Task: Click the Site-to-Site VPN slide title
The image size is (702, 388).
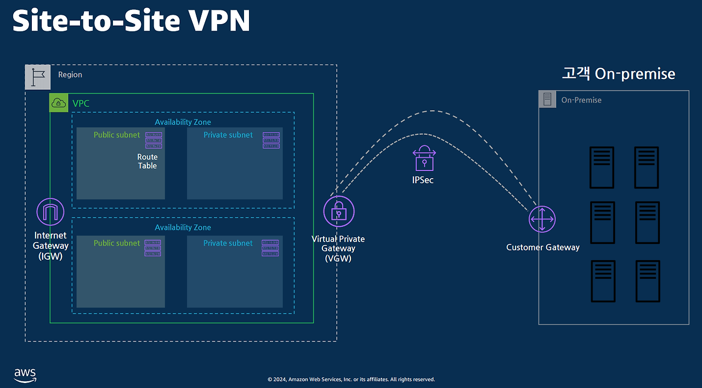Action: [x=132, y=22]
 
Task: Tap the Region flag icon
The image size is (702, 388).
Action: [x=38, y=77]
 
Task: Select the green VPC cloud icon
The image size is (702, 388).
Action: [x=59, y=102]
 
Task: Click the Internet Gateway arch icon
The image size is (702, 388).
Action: [x=50, y=212]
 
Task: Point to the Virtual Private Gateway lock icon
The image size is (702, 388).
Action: [x=339, y=211]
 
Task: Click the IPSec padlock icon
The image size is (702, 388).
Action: [x=424, y=158]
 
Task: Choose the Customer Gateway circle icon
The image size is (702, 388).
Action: [x=542, y=219]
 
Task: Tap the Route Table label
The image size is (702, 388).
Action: [x=147, y=161]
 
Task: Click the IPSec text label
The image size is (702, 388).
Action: [x=423, y=180]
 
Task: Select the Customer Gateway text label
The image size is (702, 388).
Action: [x=542, y=247]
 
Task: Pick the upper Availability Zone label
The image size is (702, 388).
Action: [x=183, y=122]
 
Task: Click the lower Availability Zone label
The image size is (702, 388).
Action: [x=183, y=227]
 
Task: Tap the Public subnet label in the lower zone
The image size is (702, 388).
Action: [x=117, y=243]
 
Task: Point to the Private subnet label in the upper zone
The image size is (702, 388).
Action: [x=228, y=135]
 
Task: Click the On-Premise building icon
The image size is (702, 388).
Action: [x=547, y=100]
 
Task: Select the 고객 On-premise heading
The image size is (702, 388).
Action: [x=619, y=74]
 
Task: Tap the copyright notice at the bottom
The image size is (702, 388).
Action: [x=351, y=379]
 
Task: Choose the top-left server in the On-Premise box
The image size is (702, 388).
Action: [x=602, y=167]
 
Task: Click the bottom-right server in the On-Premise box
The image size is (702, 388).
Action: [x=647, y=281]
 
